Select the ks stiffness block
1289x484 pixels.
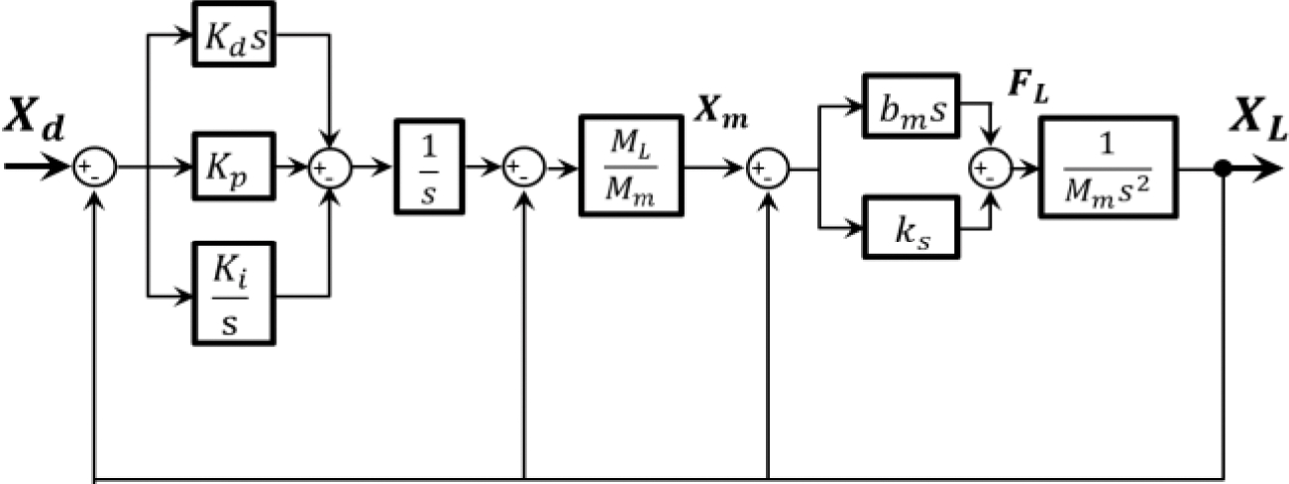pyautogui.click(x=911, y=229)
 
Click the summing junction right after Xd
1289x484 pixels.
pyautogui.click(x=96, y=170)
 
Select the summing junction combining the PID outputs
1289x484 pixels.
pyautogui.click(x=329, y=170)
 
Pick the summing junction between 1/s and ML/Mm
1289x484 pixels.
pyautogui.click(x=523, y=170)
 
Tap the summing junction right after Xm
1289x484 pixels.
pyautogui.click(x=768, y=170)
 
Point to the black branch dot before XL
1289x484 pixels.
pyautogui.click(x=1225, y=170)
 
